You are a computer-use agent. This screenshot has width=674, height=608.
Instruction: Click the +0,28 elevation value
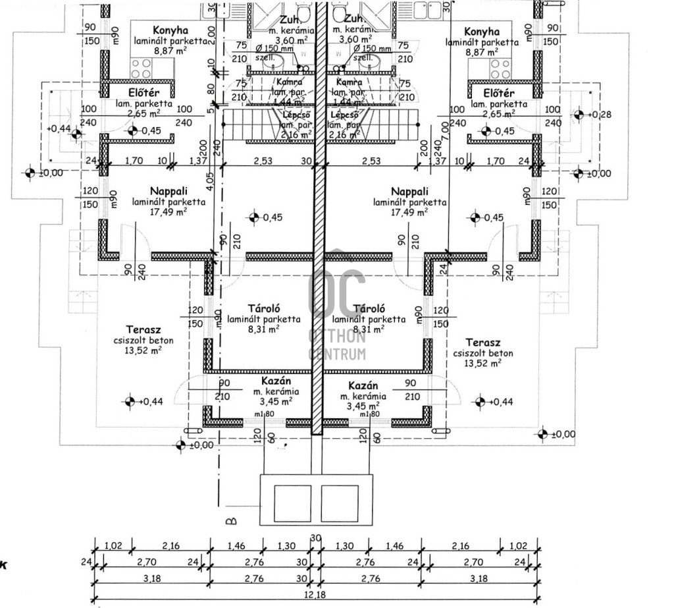click(604, 115)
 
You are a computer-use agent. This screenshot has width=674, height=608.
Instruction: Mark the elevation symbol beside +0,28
click(579, 115)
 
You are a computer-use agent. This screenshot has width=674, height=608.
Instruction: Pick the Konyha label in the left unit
click(170, 31)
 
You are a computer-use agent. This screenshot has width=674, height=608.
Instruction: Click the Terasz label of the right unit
click(482, 343)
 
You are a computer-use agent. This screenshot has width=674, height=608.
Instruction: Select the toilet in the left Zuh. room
click(303, 13)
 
